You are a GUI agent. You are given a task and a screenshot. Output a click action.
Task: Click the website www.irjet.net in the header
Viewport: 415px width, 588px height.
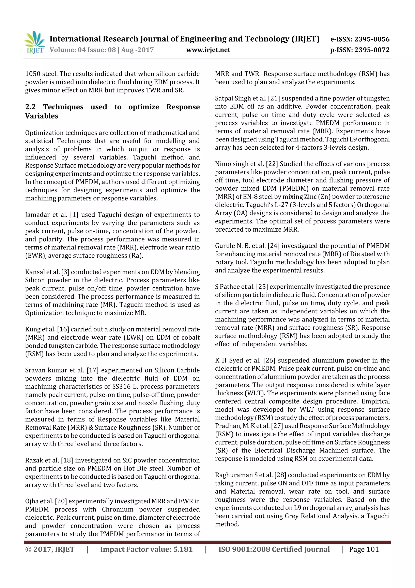click(208, 50)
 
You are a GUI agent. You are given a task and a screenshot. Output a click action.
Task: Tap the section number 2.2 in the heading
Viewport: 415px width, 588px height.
click(30, 107)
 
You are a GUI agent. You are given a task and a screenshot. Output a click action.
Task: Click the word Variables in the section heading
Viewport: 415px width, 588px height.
click(42, 116)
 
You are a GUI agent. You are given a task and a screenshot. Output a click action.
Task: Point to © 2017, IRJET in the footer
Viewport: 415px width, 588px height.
click(50, 549)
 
